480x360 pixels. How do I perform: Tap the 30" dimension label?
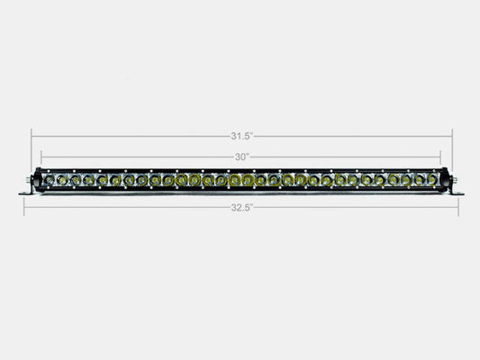[240, 155]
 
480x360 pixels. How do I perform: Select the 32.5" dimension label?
[241, 207]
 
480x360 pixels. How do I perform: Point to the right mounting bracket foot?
[456, 192]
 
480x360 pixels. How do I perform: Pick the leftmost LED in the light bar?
[50, 180]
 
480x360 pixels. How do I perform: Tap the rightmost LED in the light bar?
[433, 180]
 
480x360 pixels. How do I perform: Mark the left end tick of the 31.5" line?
[32, 136]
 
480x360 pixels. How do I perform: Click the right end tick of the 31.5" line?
[451, 136]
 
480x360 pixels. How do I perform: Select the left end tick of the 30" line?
[41, 155]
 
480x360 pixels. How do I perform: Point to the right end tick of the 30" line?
[441, 155]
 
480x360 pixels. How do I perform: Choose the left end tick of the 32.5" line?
[23, 207]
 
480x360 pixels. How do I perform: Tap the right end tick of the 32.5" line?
[458, 207]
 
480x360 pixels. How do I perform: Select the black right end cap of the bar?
[443, 180]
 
